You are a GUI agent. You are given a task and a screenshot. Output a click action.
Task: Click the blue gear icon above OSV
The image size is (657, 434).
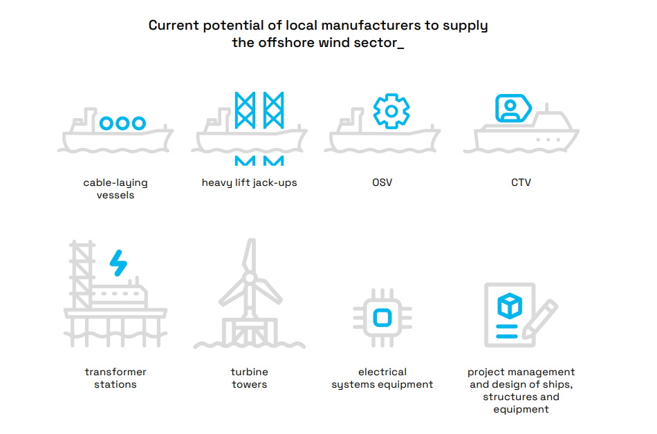coord(391,111)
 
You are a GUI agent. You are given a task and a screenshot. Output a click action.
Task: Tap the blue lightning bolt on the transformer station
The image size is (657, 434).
coord(119,263)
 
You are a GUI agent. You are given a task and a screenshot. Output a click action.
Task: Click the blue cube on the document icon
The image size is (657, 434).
coord(510,305)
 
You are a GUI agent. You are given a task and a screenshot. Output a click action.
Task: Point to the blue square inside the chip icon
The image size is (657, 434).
coord(382,318)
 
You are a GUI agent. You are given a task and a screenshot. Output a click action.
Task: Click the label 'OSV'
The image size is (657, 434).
coord(382,183)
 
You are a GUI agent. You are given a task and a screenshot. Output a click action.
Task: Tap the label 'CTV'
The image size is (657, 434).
coord(521,183)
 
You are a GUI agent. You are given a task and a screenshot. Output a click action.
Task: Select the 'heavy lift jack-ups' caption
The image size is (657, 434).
coord(249,183)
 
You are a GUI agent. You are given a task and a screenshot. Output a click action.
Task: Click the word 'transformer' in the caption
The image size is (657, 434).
coord(115,372)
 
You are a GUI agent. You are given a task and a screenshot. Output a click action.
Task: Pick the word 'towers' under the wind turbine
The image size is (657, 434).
coord(249,384)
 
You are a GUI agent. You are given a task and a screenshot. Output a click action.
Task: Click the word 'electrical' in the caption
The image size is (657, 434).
coord(382,372)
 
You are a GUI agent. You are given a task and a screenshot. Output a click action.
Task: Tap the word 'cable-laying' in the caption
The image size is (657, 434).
coord(115,183)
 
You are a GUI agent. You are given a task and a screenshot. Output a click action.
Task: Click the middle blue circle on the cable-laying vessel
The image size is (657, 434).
coord(122,123)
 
